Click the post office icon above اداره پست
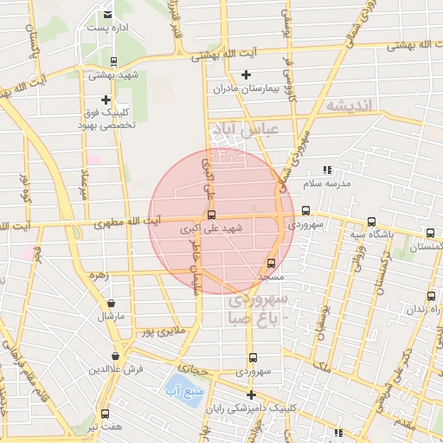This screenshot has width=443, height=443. click(107, 15)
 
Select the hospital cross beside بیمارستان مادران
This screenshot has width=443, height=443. click(247, 74)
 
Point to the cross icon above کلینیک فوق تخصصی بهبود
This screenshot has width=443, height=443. click(106, 100)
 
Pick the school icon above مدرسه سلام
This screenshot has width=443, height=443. click(326, 170)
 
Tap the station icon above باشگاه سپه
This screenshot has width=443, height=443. click(371, 221)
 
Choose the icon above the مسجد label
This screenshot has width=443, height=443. click(271, 263)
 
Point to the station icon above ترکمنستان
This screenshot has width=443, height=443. click(430, 234)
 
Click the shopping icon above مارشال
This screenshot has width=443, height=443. click(112, 303)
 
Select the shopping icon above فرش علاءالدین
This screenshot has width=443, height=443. click(116, 356)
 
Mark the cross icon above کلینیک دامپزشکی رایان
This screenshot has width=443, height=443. click(251, 395)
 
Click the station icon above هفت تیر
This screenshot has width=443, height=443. click(106, 414)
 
